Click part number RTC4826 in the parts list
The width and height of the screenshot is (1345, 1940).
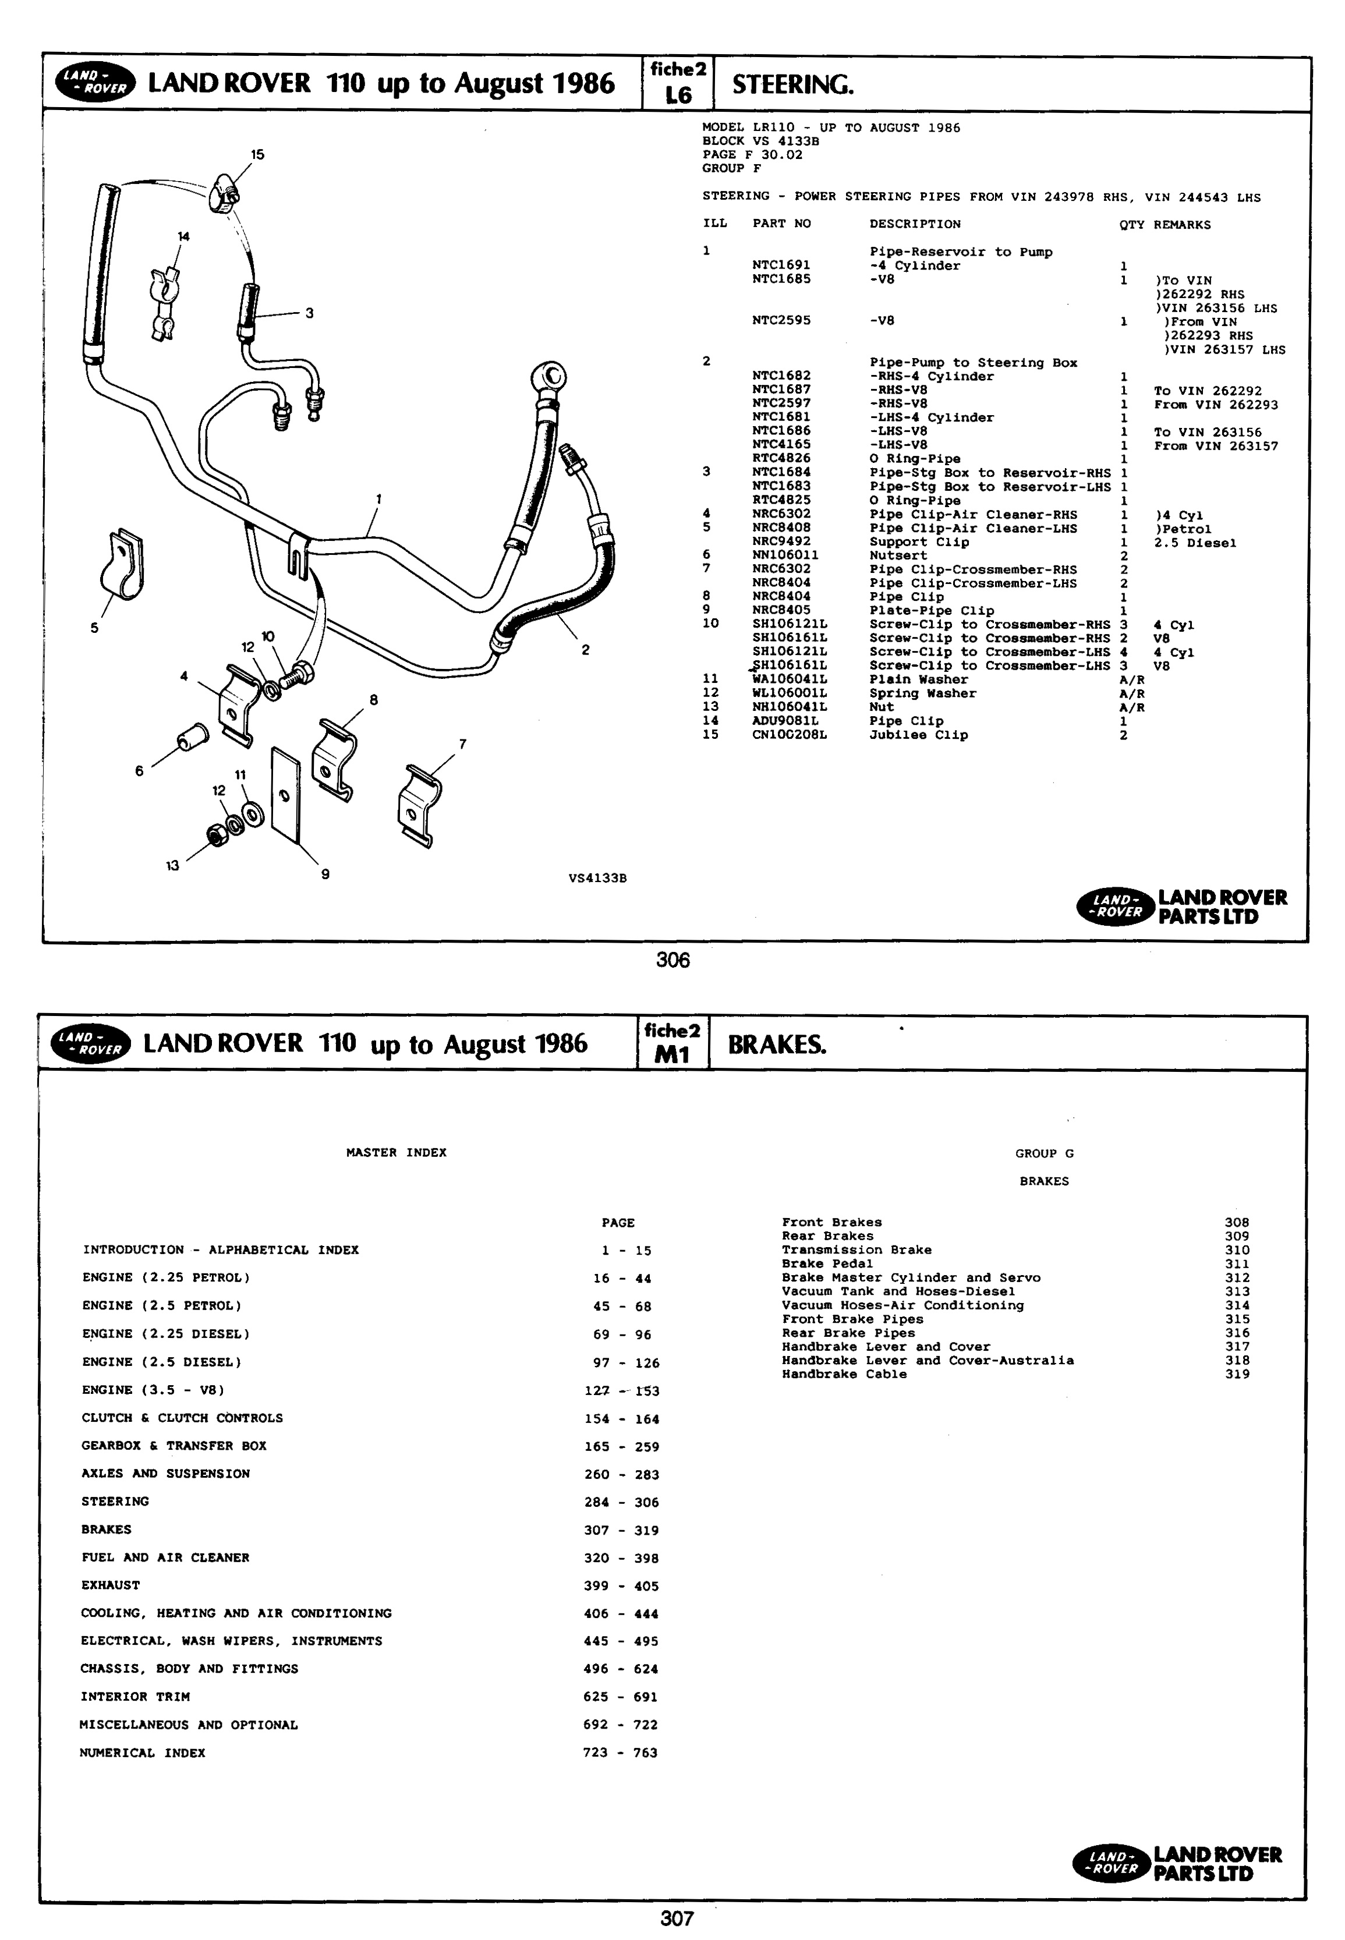click(781, 458)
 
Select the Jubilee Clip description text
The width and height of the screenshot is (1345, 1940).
click(919, 735)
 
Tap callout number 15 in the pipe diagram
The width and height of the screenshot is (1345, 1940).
click(257, 154)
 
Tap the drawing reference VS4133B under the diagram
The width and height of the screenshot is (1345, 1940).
click(597, 878)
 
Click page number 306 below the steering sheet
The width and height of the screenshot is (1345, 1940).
click(672, 960)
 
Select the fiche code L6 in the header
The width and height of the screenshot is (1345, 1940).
click(678, 95)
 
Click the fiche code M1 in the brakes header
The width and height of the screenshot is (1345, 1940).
click(672, 1054)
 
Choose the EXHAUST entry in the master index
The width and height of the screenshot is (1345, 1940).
click(111, 1585)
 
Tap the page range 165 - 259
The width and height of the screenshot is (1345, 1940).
click(622, 1447)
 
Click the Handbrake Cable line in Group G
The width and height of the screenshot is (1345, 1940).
click(844, 1375)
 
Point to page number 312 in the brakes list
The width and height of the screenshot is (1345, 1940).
click(1236, 1277)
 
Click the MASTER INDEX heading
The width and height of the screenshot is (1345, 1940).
click(396, 1153)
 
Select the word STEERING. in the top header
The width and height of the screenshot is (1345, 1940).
click(792, 84)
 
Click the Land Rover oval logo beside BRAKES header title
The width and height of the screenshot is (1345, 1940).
click(91, 1043)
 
